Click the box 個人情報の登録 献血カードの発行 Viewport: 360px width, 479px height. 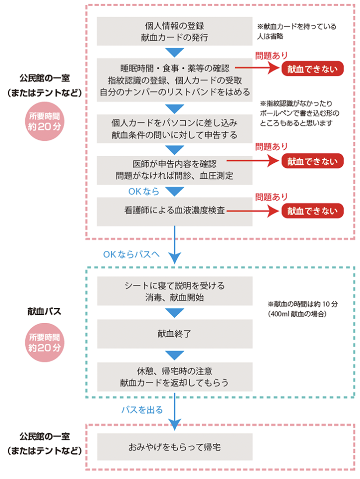click(x=174, y=31)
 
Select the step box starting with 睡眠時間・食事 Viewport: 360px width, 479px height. click(x=174, y=80)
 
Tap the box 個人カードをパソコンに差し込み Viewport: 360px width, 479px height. click(x=174, y=129)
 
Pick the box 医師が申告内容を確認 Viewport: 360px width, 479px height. click(x=174, y=170)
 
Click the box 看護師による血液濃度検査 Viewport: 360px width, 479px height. click(x=174, y=211)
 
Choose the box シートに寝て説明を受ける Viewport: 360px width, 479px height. click(x=175, y=291)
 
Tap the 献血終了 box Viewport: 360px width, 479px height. click(x=175, y=334)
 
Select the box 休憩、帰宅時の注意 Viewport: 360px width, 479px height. click(x=175, y=377)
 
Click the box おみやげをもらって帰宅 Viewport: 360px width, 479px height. click(x=175, y=447)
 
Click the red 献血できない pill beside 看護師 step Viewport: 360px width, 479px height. click(x=312, y=211)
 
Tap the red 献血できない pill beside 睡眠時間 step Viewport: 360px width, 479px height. click(x=312, y=69)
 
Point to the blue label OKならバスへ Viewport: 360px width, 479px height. click(x=131, y=254)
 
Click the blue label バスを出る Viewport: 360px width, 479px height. click(x=142, y=410)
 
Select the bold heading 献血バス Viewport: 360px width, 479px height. click(x=44, y=311)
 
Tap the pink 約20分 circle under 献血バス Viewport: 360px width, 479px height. click(x=44, y=342)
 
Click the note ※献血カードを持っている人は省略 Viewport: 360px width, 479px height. click(x=296, y=31)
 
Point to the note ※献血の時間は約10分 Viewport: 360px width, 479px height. click(x=302, y=309)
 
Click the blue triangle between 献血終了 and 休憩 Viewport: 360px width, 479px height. click(x=175, y=355)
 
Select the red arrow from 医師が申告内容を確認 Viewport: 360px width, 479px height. click(x=253, y=160)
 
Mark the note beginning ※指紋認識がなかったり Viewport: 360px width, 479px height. click(x=300, y=113)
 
